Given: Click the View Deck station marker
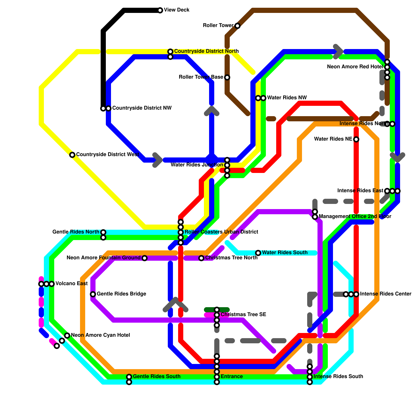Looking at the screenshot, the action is (160, 10).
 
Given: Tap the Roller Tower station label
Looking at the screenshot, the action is (218, 26).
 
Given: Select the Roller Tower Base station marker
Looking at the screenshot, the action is (227, 77).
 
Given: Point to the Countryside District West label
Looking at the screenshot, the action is (108, 155).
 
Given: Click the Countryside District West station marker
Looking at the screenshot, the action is (72, 155).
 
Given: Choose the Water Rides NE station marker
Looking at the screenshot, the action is (356, 139).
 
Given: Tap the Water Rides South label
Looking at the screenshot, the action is (285, 253).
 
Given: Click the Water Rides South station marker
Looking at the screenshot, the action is (258, 253).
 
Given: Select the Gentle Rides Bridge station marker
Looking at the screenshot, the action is (93, 294).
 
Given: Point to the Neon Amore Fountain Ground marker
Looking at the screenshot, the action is (145, 258).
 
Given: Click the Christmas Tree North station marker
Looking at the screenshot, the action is (201, 258).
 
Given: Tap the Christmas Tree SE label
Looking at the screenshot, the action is (243, 315).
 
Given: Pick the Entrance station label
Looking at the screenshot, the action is (232, 377).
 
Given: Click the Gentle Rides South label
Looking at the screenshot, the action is (157, 377).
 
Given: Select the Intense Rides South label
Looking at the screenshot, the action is (338, 377).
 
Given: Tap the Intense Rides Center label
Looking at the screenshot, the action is (386, 294).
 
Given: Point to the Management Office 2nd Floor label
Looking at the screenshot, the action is (355, 217).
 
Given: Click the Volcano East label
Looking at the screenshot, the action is (72, 284).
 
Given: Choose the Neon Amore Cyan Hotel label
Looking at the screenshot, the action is (100, 335).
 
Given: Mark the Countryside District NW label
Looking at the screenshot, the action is (142, 108).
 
